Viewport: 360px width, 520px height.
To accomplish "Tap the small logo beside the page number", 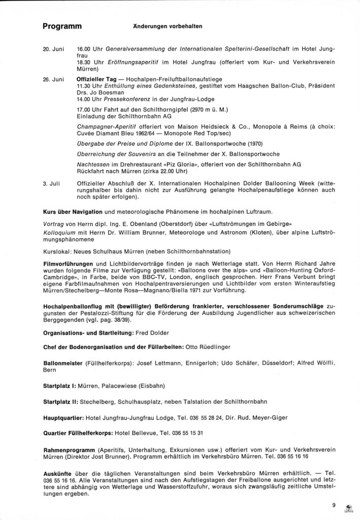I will [x=348, y=507].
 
